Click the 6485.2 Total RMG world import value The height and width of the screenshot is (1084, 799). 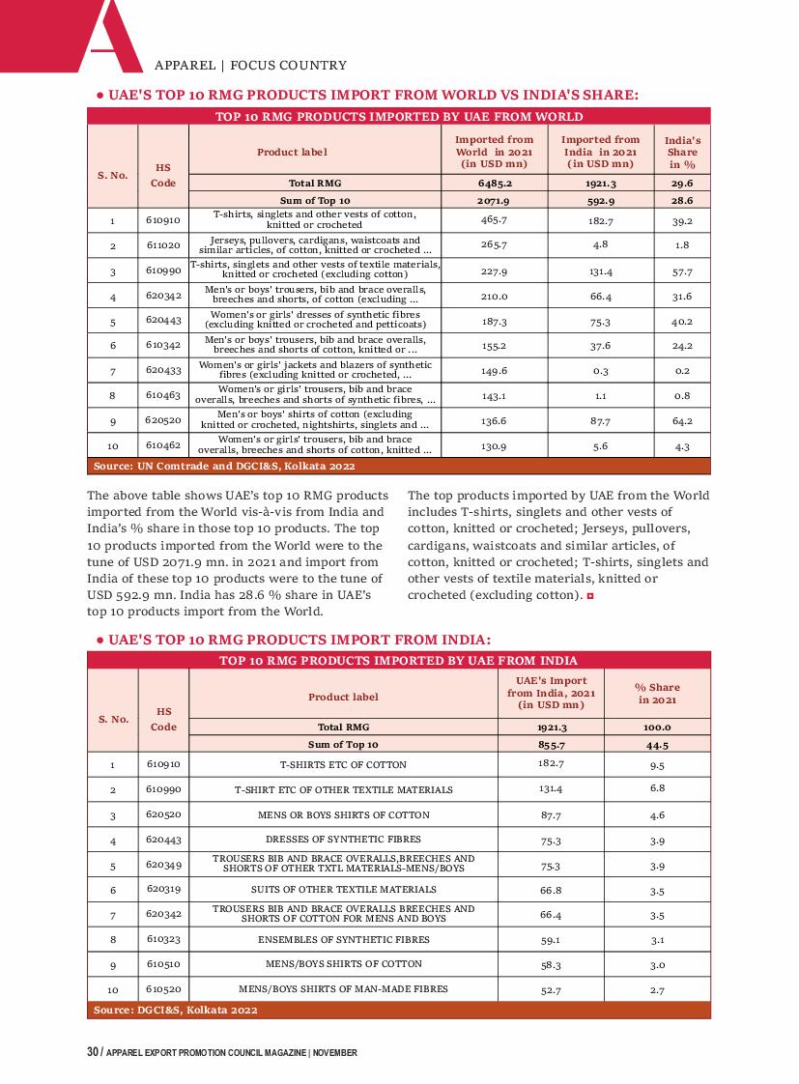(x=494, y=183)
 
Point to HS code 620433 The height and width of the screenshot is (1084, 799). (x=163, y=371)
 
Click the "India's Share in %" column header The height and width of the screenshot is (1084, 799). (x=682, y=152)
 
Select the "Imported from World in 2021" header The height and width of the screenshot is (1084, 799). (x=494, y=152)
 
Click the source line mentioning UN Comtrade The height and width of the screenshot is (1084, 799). (x=224, y=466)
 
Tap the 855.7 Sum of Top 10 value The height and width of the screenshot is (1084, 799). (x=551, y=745)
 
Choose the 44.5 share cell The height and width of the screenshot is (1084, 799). (x=657, y=745)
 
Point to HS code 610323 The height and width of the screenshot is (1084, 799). (x=163, y=939)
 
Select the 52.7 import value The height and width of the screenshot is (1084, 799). (x=551, y=989)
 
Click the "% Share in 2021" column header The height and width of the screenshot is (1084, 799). (x=657, y=694)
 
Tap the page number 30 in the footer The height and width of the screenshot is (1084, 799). (x=92, y=1052)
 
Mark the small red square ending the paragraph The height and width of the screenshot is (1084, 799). (x=589, y=596)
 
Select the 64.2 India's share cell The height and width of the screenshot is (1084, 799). (x=682, y=421)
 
